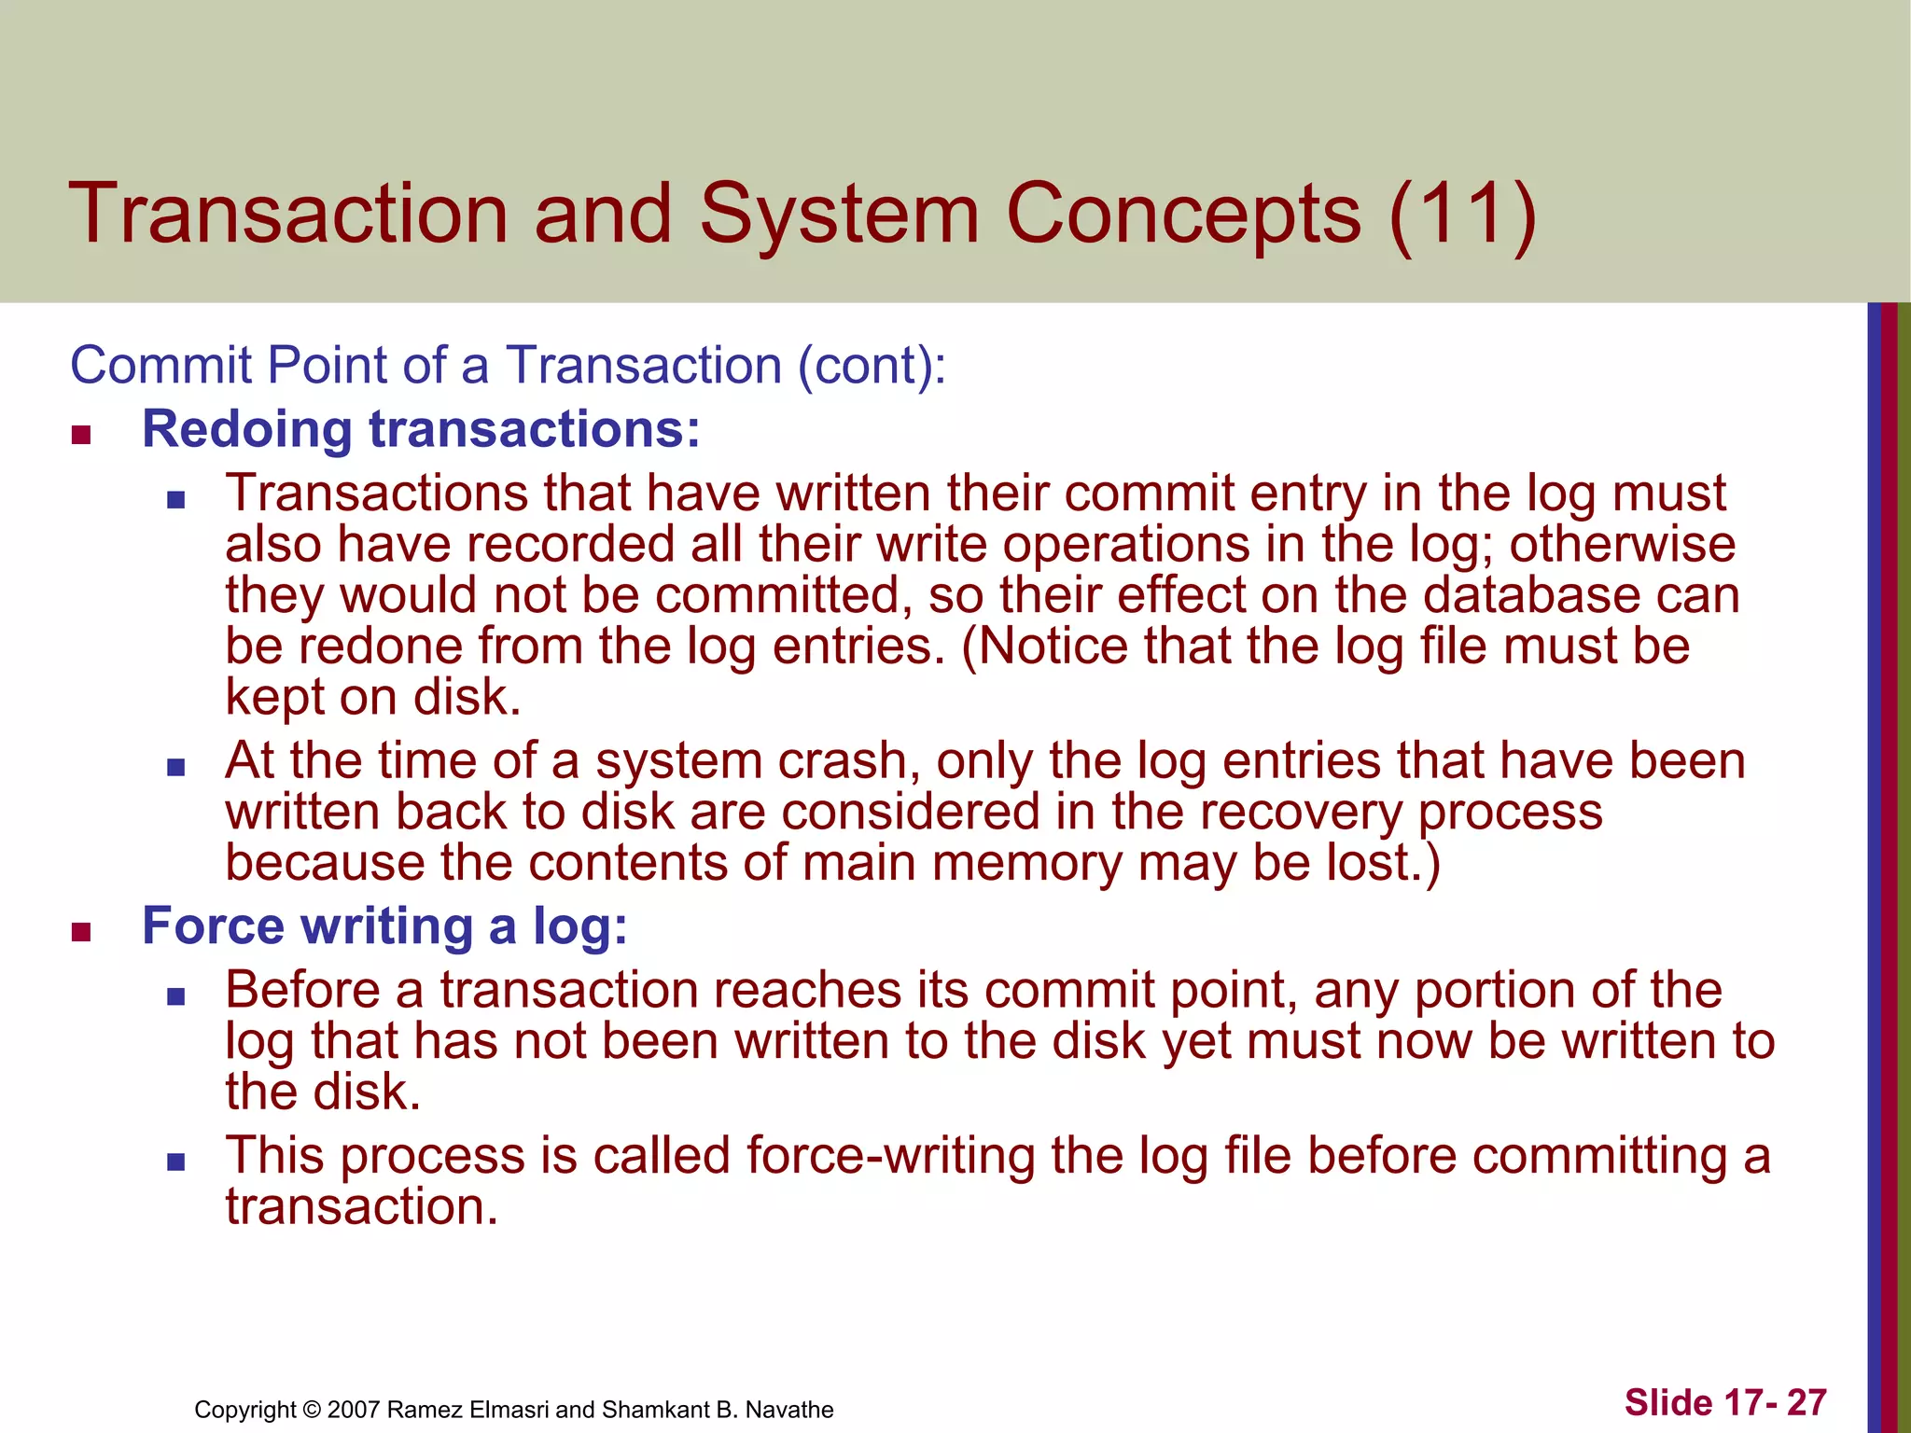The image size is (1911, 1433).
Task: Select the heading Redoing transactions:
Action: tap(421, 429)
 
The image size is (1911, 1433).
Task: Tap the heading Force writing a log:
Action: tap(384, 926)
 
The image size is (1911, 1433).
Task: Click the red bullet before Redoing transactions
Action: tap(81, 435)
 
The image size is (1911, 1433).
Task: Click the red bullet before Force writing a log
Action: tap(81, 932)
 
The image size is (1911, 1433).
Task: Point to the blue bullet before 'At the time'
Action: tap(176, 767)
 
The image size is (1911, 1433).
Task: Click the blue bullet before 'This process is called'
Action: tap(176, 1162)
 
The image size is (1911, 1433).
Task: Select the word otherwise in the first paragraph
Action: tap(1622, 544)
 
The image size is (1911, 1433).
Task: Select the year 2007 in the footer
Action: tap(354, 1410)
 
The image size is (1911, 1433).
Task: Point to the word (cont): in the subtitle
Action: tap(872, 365)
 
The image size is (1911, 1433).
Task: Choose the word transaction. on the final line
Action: tap(362, 1206)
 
